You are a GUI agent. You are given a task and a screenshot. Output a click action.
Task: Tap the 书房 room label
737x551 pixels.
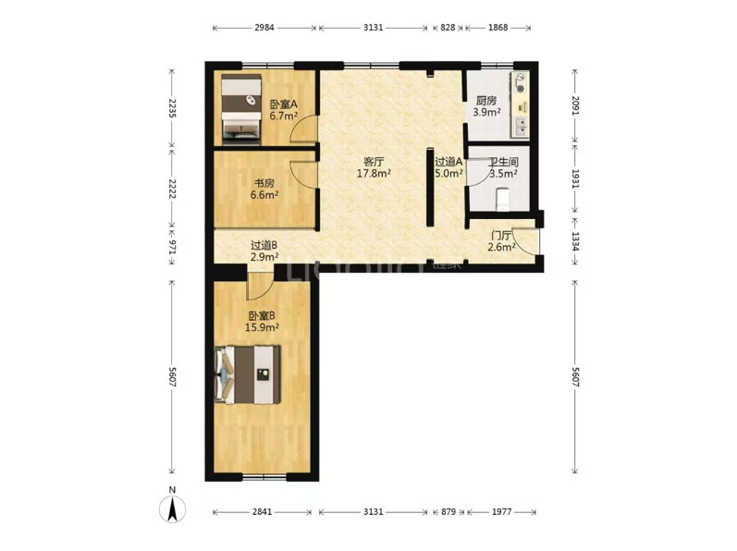tap(264, 183)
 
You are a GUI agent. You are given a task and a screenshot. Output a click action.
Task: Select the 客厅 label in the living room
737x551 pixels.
tap(374, 162)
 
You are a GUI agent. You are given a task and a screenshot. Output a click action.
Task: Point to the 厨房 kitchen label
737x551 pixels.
tap(486, 101)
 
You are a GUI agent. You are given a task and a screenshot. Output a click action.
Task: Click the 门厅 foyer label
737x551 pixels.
tap(501, 236)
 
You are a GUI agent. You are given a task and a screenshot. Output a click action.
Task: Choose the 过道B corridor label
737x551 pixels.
tap(264, 245)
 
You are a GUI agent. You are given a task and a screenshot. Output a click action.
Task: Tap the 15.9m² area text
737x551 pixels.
tap(263, 327)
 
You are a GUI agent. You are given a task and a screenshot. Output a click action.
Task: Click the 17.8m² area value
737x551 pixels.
tap(375, 173)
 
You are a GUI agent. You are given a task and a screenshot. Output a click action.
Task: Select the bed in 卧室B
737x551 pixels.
tap(247, 374)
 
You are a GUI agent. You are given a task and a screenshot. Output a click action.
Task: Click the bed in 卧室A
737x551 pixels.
tap(241, 109)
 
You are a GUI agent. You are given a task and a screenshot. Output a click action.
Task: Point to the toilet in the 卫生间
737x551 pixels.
tap(503, 199)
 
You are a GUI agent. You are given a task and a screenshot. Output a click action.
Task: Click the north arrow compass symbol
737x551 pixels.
tap(173, 508)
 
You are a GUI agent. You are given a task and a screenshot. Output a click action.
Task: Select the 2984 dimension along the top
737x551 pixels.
tap(264, 28)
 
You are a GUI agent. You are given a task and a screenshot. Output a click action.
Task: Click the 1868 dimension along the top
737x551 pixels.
tap(497, 28)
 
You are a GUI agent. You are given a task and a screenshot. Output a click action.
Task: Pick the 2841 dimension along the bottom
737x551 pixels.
tap(262, 511)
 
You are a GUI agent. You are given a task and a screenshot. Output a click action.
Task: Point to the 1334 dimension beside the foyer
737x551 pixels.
tap(575, 241)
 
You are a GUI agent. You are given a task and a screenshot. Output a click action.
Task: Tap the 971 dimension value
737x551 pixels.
tap(172, 247)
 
